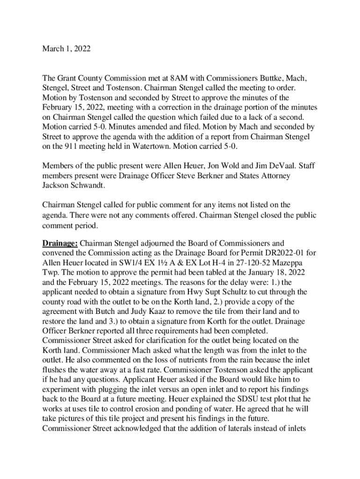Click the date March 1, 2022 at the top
tap(66, 48)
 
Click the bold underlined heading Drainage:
tap(60, 243)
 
